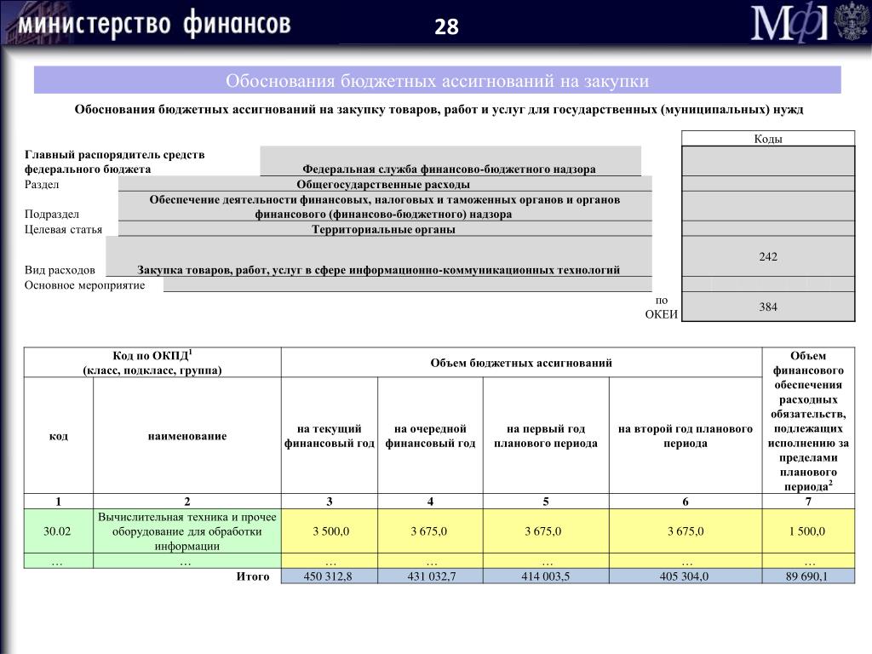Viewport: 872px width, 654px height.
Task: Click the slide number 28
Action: (x=446, y=28)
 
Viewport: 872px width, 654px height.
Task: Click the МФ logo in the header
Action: (x=789, y=24)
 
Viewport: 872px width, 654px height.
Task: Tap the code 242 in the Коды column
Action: (x=768, y=256)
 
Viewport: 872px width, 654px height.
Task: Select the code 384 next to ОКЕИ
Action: (x=768, y=307)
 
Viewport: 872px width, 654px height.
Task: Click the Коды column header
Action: (x=768, y=140)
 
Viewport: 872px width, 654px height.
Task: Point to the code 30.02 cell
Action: (x=57, y=531)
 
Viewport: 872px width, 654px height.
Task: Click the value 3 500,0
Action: (x=330, y=531)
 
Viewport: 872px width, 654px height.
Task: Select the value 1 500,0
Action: (x=807, y=531)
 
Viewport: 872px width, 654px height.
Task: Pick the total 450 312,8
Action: (x=329, y=577)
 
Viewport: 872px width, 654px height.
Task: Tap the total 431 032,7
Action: (x=430, y=577)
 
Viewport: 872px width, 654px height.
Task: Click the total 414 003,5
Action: (x=545, y=577)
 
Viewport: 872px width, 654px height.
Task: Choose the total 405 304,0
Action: (x=685, y=577)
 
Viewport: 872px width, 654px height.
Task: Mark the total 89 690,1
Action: (x=807, y=577)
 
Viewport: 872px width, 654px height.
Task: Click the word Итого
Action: (x=253, y=577)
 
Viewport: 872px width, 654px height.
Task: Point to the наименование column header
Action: (x=187, y=436)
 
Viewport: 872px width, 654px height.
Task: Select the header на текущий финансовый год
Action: (x=330, y=436)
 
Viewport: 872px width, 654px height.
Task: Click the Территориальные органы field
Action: (x=383, y=229)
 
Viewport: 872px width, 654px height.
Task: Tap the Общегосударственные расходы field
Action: (x=383, y=185)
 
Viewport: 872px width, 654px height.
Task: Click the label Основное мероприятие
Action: (x=85, y=285)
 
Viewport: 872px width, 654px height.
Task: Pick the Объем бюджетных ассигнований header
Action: (x=521, y=364)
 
